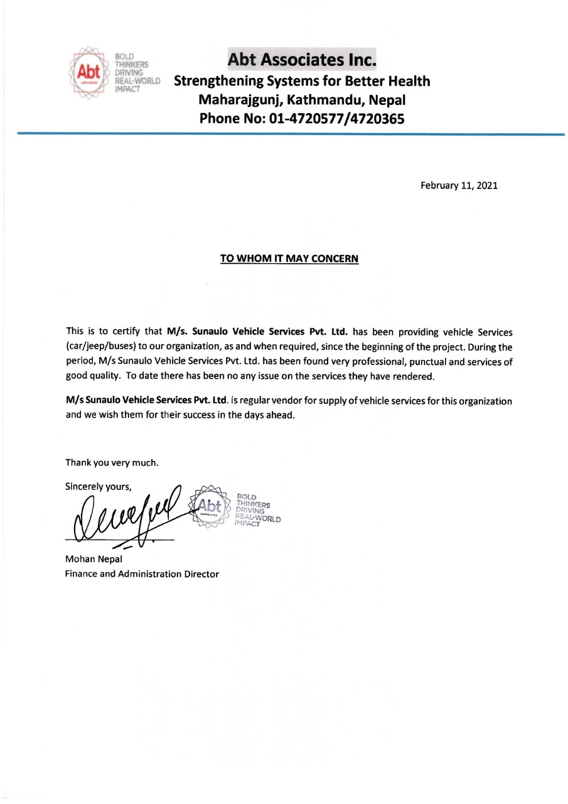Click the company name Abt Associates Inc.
[303, 60]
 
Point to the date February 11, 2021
[459, 186]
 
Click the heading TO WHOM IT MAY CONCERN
[289, 258]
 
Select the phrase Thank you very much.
[112, 464]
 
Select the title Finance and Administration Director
[142, 573]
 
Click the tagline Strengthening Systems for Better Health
[302, 82]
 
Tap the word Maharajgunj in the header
[239, 100]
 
